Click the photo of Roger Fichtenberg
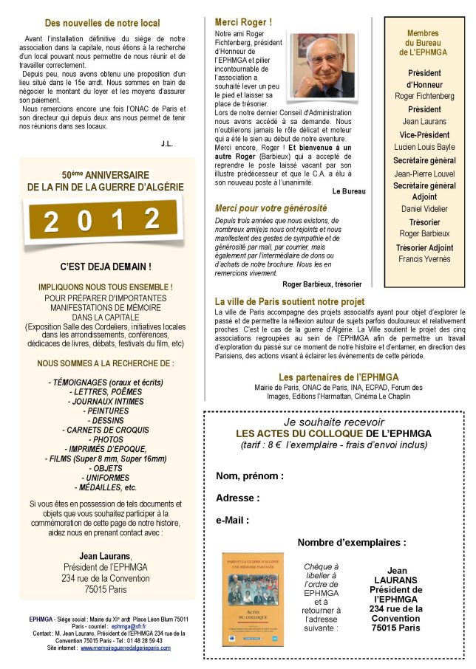[x=322, y=64]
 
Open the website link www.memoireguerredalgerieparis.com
[x=125, y=648]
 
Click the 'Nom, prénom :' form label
[x=249, y=476]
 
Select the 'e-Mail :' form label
[x=232, y=520]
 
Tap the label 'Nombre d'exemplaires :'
[x=351, y=542]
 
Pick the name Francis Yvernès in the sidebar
[x=424, y=260]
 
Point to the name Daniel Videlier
[x=424, y=209]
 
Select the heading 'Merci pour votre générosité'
[x=271, y=208]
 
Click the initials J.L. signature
[x=166, y=143]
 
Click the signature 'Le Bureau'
[x=349, y=191]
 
